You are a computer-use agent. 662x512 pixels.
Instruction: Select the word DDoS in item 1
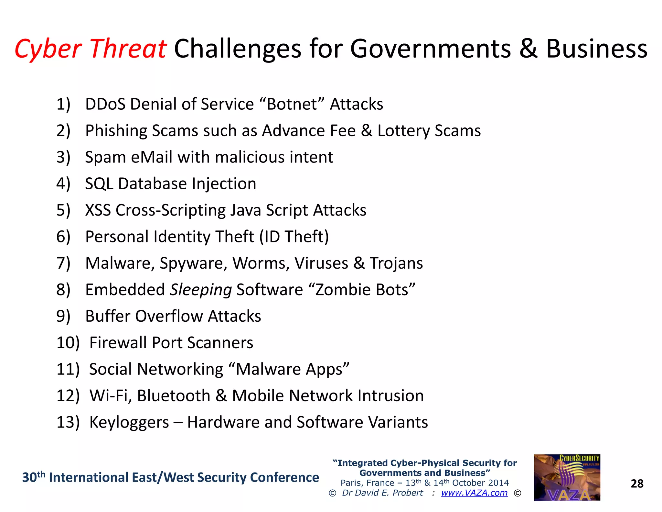tap(105, 104)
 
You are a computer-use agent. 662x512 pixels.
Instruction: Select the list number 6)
tap(63, 237)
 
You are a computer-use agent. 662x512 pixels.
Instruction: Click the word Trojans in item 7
tap(396, 263)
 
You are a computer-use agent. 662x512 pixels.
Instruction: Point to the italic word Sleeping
tap(201, 290)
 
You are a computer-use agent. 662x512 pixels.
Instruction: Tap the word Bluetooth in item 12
tap(174, 396)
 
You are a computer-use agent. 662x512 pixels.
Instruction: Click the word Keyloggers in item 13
tap(129, 422)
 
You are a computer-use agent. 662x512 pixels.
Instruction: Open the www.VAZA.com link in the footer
tap(474, 493)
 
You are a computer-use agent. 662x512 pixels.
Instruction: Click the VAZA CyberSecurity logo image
tap(567, 478)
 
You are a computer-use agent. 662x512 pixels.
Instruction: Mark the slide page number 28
tap(637, 484)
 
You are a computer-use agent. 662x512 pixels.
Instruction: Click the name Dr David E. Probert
tap(382, 493)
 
